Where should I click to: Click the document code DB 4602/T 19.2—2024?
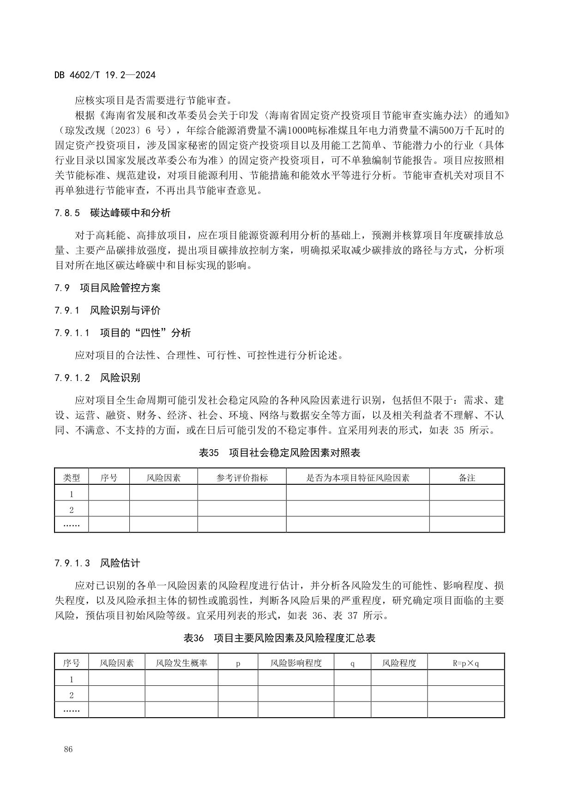click(105, 75)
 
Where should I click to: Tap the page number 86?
click(68, 749)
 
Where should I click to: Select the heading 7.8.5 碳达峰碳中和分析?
click(112, 213)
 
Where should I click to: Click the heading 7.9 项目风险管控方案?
click(107, 288)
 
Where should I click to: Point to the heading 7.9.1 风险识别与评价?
click(107, 310)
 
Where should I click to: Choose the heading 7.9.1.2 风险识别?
click(97, 378)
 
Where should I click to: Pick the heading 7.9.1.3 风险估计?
click(97, 563)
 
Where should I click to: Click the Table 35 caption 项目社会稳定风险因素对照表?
click(279, 452)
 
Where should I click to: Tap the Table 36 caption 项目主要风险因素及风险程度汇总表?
click(279, 638)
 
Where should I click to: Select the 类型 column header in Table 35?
click(72, 477)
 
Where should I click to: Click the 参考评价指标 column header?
click(242, 477)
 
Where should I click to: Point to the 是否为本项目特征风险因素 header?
click(358, 477)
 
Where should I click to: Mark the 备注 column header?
click(467, 477)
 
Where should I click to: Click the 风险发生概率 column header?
click(181, 663)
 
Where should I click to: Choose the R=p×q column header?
click(465, 663)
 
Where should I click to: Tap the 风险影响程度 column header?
click(296, 663)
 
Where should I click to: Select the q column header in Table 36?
click(352, 663)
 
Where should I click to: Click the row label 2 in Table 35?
click(72, 510)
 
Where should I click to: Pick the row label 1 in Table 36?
click(72, 679)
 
